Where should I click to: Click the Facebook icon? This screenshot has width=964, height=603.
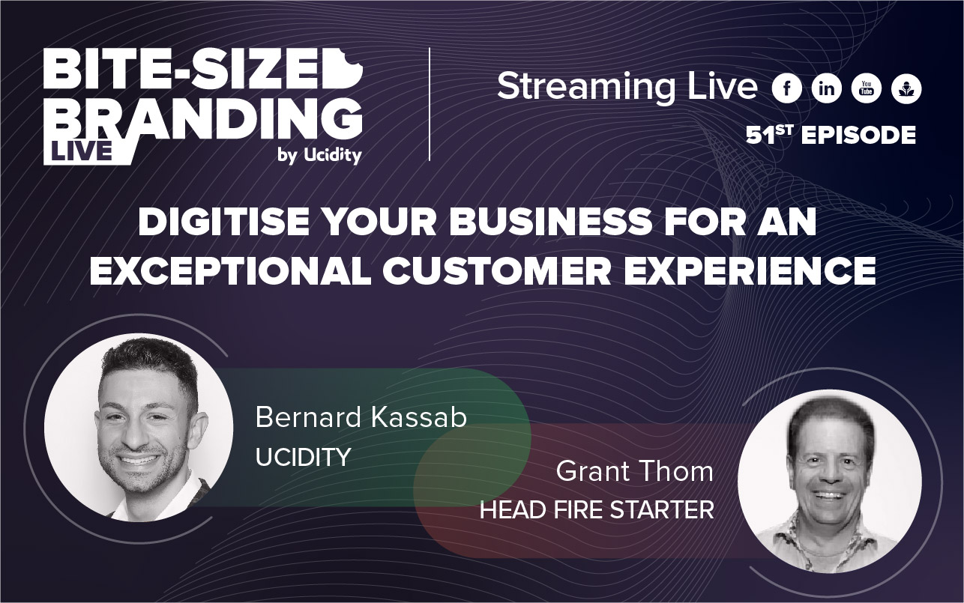click(x=786, y=89)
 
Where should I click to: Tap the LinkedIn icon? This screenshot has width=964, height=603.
click(x=826, y=89)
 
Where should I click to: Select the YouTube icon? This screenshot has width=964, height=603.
click(x=866, y=89)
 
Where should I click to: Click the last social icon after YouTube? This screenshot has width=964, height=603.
click(x=906, y=89)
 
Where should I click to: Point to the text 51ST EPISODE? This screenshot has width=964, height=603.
click(x=831, y=135)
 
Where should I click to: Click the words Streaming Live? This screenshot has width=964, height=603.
click(x=627, y=88)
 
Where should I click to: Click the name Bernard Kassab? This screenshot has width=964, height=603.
click(x=361, y=417)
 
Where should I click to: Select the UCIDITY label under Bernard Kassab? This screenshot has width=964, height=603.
click(x=304, y=458)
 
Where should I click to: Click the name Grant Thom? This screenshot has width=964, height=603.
click(x=634, y=472)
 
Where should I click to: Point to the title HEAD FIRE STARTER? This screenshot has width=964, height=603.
click(x=597, y=512)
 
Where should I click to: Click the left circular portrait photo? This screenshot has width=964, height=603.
click(x=138, y=428)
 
